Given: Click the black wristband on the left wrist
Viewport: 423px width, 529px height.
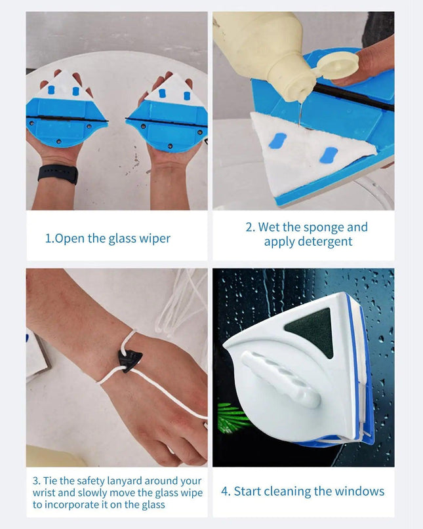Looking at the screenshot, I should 58,174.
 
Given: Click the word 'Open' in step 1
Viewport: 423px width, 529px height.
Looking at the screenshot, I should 70,239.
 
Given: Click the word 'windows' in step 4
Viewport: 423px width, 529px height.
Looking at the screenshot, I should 359,491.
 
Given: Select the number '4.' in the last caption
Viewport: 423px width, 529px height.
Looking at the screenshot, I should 226,491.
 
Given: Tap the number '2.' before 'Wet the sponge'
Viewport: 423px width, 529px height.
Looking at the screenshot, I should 250,227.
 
